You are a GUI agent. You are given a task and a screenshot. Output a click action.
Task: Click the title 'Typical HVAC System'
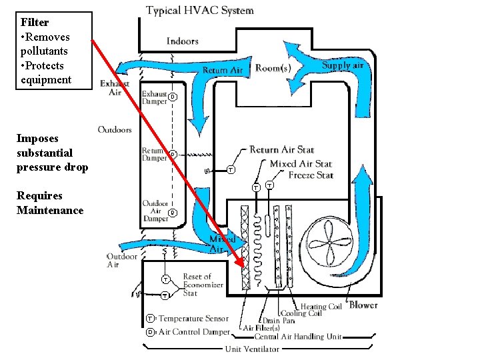coord(200,11)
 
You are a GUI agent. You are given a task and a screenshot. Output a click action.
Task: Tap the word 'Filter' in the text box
coord(35,22)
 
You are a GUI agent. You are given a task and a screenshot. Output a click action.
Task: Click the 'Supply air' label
coord(343,66)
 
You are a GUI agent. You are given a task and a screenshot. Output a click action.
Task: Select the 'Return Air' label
coord(223,70)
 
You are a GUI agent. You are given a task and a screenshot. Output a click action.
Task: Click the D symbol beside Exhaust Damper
coord(172,97)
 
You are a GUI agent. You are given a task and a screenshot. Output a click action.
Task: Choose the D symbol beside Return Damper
coord(172,155)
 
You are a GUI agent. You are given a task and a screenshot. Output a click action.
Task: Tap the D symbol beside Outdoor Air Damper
coord(172,213)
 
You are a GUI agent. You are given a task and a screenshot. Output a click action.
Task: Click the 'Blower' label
coord(363,305)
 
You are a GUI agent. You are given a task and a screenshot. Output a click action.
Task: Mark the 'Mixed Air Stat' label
coord(301,163)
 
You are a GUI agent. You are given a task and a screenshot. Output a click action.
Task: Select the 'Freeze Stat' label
coord(311,175)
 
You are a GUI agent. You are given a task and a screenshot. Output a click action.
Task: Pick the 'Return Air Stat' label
coord(282,150)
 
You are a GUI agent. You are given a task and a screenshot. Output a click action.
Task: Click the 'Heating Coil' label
coord(321,307)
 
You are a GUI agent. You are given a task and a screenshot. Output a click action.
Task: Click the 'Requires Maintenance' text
coord(51,203)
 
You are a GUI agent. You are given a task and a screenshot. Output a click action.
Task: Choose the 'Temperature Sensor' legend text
coord(193,319)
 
